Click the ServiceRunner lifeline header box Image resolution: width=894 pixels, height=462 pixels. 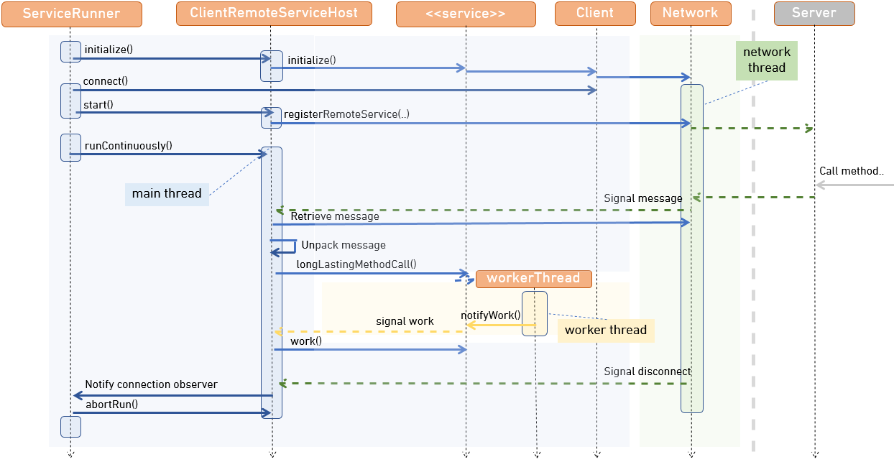71,14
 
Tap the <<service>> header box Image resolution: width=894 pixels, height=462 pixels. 466,14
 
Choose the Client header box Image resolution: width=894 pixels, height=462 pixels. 595,14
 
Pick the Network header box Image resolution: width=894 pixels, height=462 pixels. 690,14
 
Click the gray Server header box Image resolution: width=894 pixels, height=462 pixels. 814,14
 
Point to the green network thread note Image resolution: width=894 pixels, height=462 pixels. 766,60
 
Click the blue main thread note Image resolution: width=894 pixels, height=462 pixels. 167,194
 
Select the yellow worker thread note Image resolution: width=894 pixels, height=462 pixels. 605,331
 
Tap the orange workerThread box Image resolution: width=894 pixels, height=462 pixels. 533,279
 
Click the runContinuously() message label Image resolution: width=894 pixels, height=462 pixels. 128,146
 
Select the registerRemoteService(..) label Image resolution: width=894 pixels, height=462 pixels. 346,114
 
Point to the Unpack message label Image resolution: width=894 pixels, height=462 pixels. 343,245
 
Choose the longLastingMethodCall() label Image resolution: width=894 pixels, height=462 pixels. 356,264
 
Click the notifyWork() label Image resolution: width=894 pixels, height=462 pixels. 490,315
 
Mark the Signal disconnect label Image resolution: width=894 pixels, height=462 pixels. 647,371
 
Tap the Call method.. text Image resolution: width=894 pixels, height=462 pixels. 851,171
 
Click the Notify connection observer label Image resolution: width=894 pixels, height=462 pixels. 151,384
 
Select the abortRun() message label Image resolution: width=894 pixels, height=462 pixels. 111,405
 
